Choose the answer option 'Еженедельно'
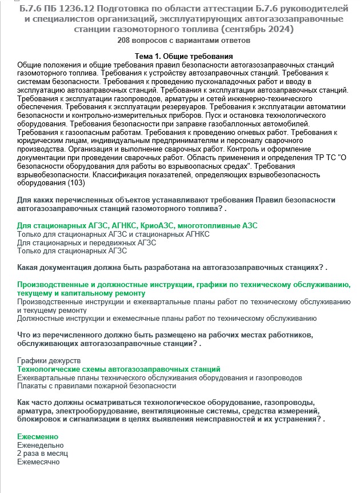pos(41,445)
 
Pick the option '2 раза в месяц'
pos(43,454)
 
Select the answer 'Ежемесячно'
pos(39,462)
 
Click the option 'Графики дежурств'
pos(49,361)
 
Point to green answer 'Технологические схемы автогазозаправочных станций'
pos(119,369)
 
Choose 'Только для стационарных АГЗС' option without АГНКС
pos(73,251)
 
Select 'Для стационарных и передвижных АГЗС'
pos(87,242)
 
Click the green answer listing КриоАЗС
pos(137,225)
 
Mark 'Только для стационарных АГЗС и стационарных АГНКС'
pos(114,234)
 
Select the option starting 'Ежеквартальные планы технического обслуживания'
pos(160,378)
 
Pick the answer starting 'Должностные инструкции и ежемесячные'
pos(167,319)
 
